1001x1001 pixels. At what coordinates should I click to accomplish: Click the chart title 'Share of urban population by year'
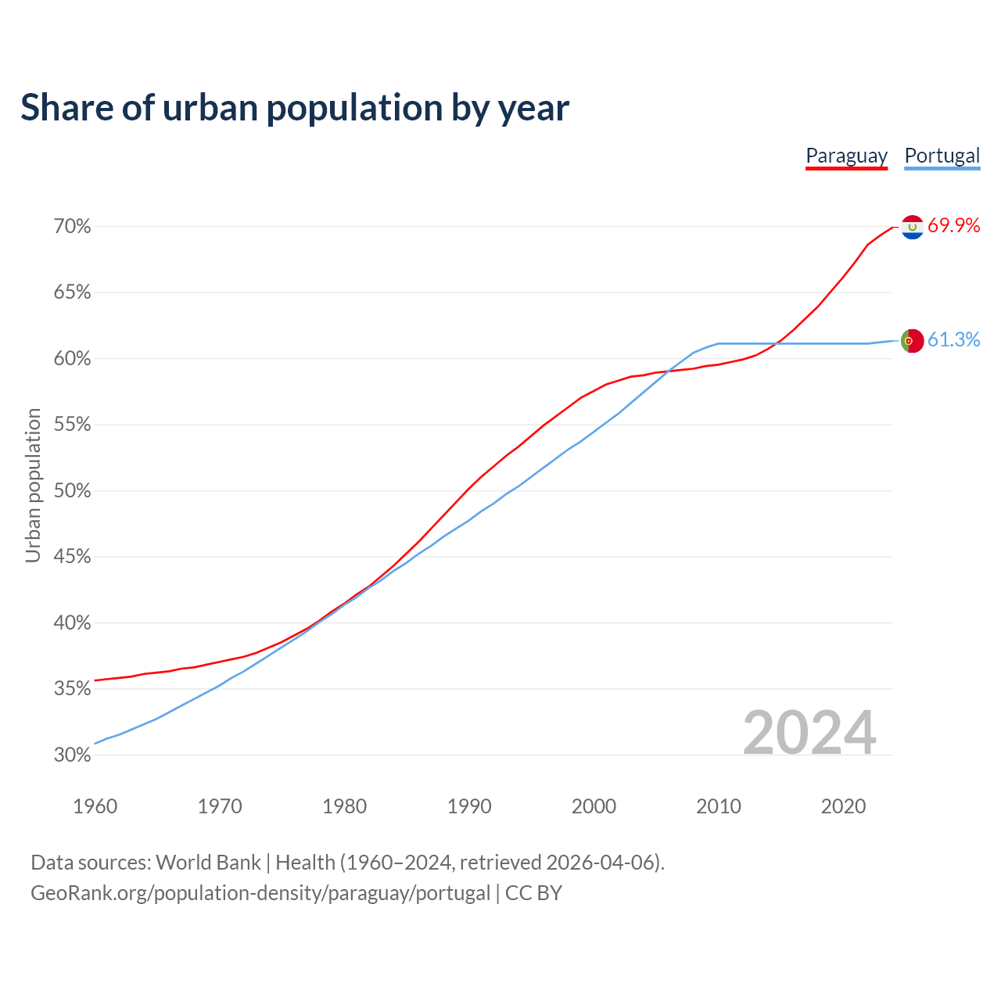click(x=295, y=108)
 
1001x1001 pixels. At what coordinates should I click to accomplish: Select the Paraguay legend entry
click(x=846, y=156)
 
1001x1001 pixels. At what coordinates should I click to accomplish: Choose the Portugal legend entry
click(x=942, y=156)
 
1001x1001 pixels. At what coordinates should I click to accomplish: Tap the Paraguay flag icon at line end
click(x=912, y=227)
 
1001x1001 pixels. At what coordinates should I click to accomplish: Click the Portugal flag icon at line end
click(x=912, y=341)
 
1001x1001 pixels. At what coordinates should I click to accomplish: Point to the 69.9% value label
click(x=953, y=226)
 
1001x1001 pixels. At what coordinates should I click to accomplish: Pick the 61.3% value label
click(x=953, y=339)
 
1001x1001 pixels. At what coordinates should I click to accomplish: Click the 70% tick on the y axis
click(x=73, y=227)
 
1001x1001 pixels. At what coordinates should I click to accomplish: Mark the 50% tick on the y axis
click(x=73, y=491)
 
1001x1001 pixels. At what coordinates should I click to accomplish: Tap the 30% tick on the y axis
click(x=73, y=755)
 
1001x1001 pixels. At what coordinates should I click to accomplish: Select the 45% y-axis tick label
click(x=73, y=557)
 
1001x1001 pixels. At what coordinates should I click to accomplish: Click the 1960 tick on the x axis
click(x=95, y=806)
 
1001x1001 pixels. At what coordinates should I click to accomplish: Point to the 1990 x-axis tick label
click(x=469, y=806)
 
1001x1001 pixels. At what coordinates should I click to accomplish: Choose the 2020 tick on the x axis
click(x=843, y=806)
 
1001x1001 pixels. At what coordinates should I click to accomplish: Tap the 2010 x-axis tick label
click(x=719, y=806)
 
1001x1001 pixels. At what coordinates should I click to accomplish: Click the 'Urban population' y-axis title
click(x=33, y=485)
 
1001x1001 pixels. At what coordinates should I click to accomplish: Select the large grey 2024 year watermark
click(x=809, y=733)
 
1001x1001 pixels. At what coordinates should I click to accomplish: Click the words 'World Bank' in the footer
click(x=208, y=863)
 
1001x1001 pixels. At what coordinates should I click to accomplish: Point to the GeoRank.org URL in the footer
click(x=260, y=893)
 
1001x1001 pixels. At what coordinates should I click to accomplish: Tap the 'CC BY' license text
click(x=533, y=893)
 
